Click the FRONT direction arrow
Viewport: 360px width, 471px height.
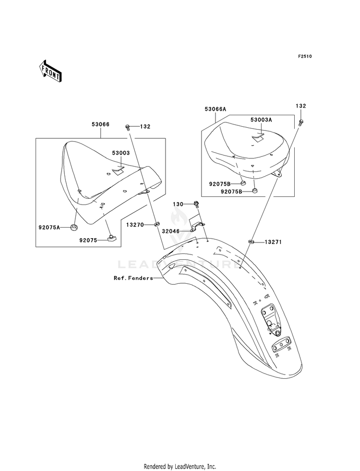(x=50, y=71)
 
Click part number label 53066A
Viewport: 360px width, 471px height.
(x=215, y=109)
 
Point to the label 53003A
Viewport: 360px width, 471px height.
(x=261, y=120)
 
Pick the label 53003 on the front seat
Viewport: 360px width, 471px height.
(x=121, y=153)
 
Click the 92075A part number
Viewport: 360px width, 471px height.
(x=49, y=228)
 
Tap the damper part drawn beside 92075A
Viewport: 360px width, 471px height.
(x=73, y=228)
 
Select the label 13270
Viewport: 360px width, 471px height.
(x=135, y=225)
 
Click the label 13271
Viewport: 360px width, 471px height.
(x=273, y=242)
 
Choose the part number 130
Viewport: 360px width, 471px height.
(x=178, y=204)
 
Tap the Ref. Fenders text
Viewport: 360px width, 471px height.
(x=133, y=278)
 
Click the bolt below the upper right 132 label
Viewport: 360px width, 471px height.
(x=300, y=122)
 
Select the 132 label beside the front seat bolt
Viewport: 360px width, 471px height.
(x=145, y=127)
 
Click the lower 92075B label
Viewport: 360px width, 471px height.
(x=231, y=191)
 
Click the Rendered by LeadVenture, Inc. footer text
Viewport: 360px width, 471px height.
(x=180, y=467)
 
